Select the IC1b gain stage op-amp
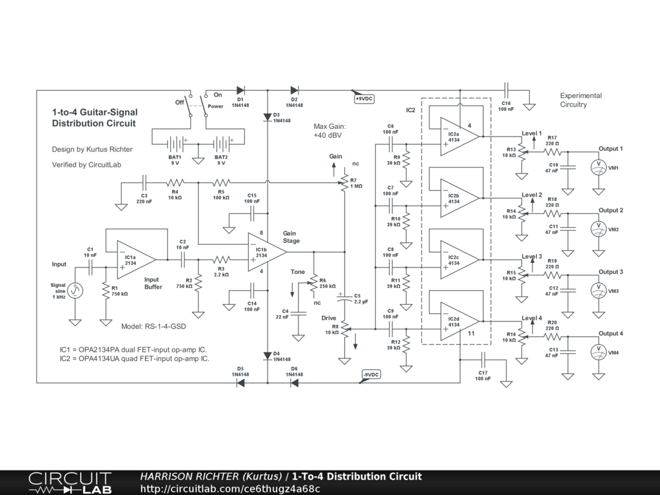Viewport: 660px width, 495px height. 266,252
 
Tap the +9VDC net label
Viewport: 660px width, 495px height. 364,99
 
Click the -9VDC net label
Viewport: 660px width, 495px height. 371,374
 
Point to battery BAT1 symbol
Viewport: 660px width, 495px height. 175,144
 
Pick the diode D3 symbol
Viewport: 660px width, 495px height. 267,117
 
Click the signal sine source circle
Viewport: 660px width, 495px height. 75,290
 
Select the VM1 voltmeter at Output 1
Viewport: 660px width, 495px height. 599,168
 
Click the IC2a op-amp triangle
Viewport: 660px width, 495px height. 459,137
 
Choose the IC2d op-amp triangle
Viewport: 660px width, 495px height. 459,321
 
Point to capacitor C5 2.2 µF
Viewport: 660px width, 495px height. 344,298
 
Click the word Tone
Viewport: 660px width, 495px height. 298,272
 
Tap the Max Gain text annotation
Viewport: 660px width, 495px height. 329,131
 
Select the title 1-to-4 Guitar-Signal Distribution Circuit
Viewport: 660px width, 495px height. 95,118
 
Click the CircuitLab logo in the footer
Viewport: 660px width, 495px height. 70,483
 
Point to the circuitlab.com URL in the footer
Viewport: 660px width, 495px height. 230,489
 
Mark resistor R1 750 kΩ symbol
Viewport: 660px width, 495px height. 106,291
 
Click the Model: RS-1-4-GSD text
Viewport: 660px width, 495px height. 153,326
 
